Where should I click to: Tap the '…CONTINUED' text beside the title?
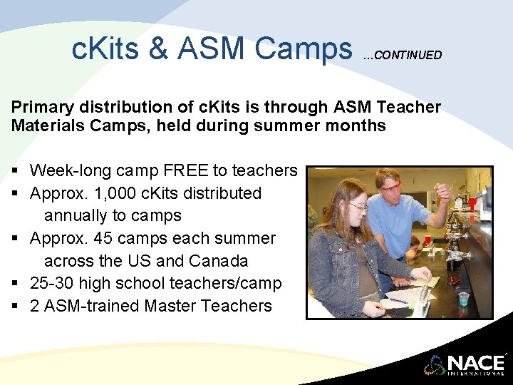coord(403,55)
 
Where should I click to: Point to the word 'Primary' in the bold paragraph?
coord(42,107)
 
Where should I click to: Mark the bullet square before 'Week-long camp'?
coord(15,171)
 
